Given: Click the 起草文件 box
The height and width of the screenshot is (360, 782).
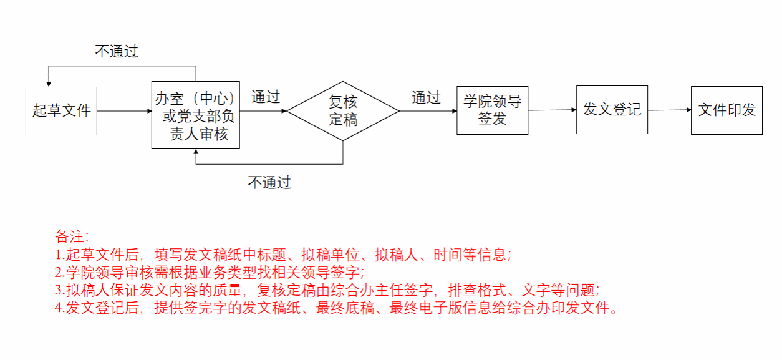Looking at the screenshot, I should click(61, 111).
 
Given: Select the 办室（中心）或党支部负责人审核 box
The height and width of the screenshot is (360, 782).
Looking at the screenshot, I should click(196, 115).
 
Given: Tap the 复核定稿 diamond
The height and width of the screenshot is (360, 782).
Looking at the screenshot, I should click(343, 110).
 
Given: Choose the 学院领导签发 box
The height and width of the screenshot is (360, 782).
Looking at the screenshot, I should click(492, 110).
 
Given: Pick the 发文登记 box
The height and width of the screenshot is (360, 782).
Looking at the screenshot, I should click(612, 110).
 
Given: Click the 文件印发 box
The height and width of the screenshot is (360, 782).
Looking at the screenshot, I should click(726, 110).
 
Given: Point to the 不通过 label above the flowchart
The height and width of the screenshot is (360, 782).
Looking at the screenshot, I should click(117, 51).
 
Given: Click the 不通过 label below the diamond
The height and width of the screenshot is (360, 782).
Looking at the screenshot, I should click(269, 182).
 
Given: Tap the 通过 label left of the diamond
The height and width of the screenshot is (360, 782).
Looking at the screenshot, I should click(266, 97).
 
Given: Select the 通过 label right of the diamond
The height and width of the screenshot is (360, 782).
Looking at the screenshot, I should click(426, 97).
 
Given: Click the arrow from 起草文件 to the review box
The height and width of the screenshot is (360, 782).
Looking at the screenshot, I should click(125, 111).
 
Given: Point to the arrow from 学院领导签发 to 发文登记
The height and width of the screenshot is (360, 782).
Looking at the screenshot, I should click(552, 110).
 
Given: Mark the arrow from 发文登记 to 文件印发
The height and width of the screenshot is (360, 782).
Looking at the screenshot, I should click(669, 110).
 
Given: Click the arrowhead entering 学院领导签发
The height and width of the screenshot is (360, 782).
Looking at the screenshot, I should click(454, 111).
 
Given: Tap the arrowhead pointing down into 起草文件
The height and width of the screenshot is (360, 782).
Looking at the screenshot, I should click(47, 84).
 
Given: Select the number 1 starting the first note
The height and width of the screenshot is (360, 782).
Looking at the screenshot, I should click(59, 255).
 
